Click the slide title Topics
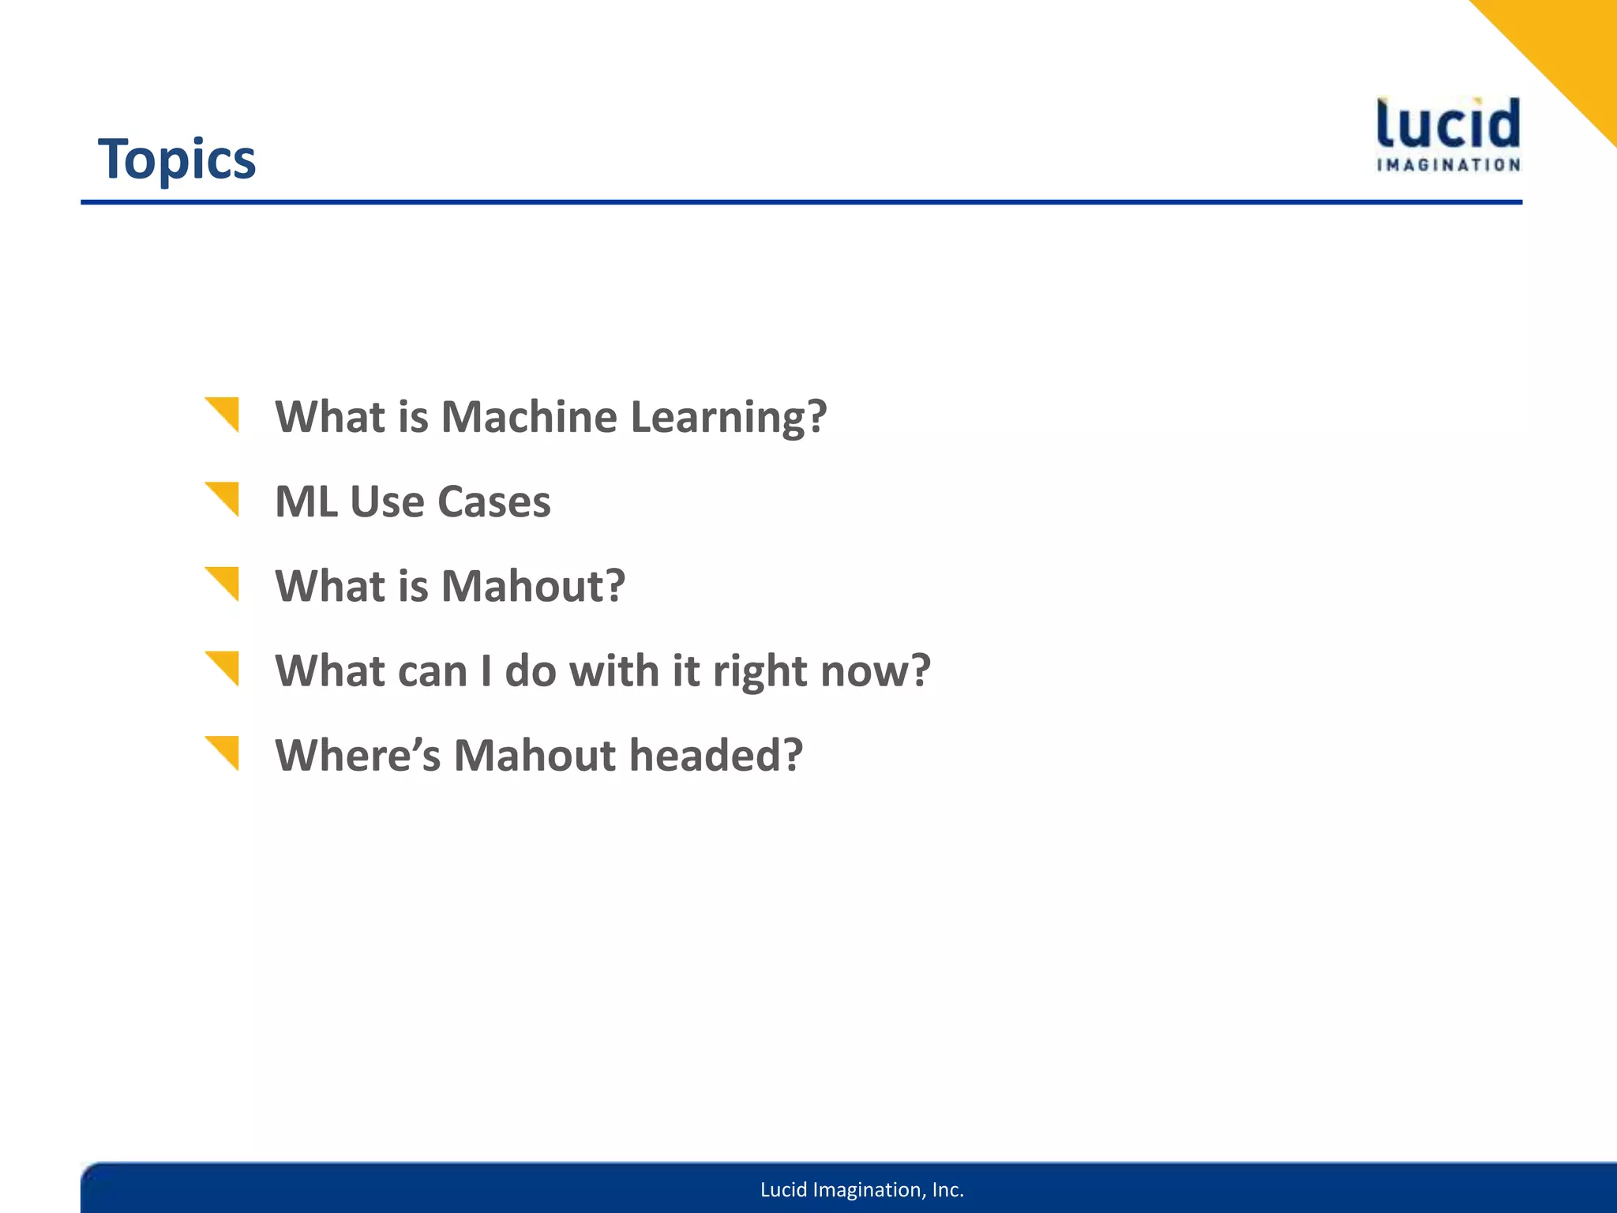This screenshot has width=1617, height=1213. [x=177, y=160]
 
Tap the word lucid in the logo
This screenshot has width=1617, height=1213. [x=1448, y=125]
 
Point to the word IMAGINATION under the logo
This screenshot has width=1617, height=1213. [x=1448, y=165]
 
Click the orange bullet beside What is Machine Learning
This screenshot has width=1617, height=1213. [x=224, y=412]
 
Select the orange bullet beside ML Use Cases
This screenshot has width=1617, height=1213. [x=224, y=497]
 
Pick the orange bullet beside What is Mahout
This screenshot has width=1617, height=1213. [x=224, y=582]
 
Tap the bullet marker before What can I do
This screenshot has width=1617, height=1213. [x=224, y=667]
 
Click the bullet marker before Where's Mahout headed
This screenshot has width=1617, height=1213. [x=224, y=751]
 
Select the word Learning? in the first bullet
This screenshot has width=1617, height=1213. [x=728, y=418]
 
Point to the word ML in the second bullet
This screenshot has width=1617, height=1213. [x=306, y=501]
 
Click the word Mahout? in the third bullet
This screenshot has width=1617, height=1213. [x=533, y=586]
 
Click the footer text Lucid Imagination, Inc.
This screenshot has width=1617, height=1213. [x=862, y=1189]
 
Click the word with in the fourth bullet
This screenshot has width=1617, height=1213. [x=613, y=670]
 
